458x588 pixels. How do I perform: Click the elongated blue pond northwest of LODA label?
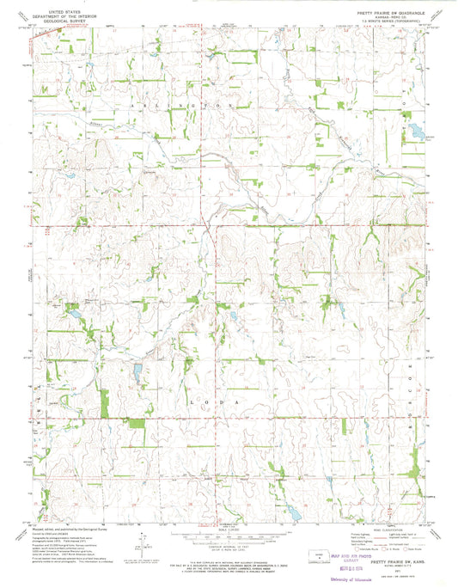[137, 372]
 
